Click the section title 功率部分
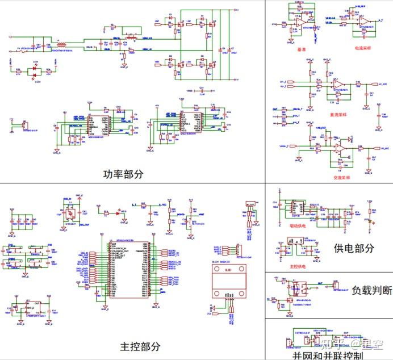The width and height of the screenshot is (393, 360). tap(123, 174)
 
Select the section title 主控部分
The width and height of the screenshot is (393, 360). tap(140, 346)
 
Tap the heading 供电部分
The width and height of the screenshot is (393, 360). tap(354, 248)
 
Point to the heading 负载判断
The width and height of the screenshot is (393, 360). tap(372, 290)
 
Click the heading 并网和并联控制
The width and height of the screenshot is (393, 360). tap(328, 355)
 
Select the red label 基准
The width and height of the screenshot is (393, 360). tap(301, 49)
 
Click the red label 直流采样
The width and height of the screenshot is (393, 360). tap(339, 114)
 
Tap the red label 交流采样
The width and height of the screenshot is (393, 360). tap(341, 178)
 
